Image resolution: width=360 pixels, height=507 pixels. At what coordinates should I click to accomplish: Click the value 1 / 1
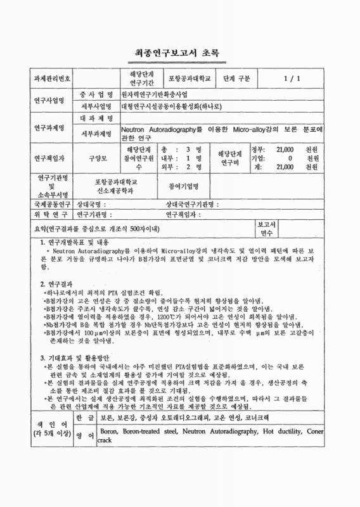pyautogui.click(x=292, y=79)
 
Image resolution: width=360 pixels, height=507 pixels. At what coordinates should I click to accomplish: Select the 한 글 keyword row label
pyautogui.click(x=85, y=419)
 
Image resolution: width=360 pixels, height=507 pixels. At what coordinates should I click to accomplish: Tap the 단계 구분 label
pyautogui.click(x=237, y=79)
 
